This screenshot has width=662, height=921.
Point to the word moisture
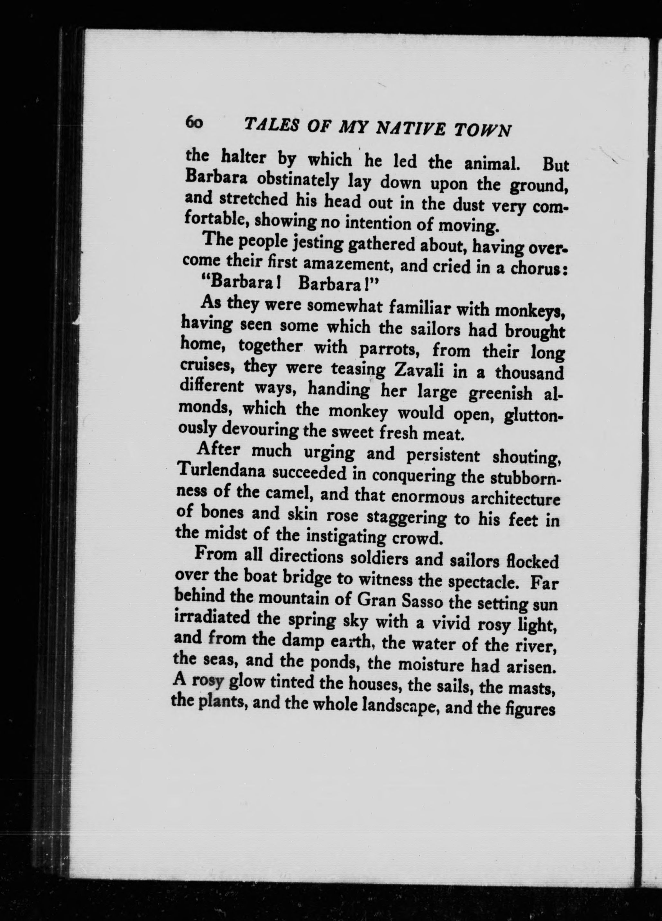431,664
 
